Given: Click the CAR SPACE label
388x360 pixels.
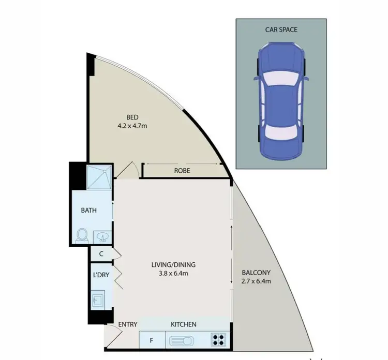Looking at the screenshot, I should [281, 29].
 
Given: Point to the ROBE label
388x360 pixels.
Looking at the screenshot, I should [183, 170].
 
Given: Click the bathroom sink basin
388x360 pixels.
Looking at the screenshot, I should [102, 237].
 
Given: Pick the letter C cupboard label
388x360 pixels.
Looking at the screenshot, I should [101, 254].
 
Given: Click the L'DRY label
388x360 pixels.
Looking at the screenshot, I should [101, 275].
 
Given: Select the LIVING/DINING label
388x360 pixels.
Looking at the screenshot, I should [173, 265].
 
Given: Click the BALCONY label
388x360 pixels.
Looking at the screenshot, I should [256, 273].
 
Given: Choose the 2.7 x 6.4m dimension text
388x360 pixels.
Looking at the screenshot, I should [256, 281].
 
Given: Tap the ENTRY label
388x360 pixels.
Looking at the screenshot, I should [128, 324].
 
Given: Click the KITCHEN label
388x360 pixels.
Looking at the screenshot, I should [184, 324].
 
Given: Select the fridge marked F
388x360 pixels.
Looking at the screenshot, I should [152, 341].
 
